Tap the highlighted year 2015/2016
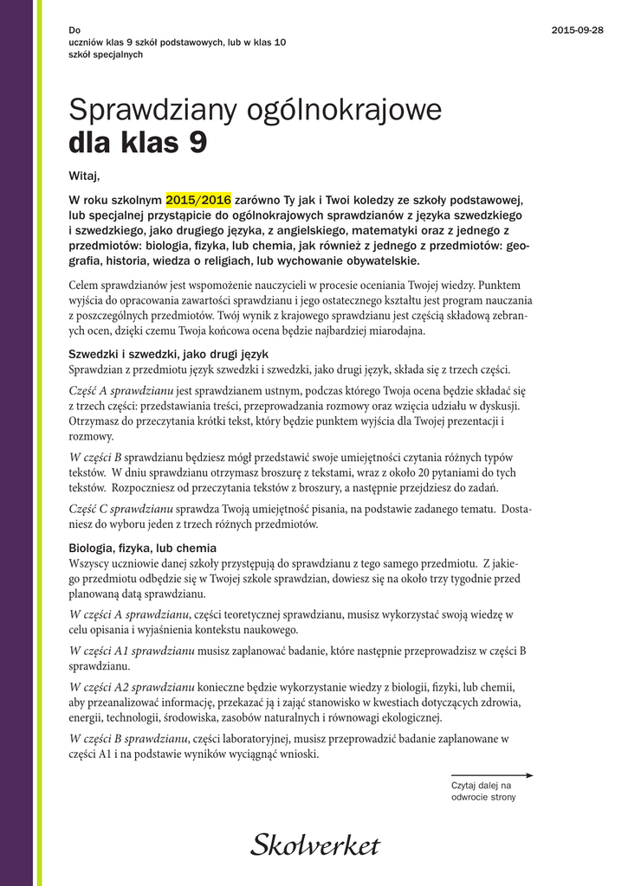tap(198, 199)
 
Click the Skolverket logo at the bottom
tap(315, 844)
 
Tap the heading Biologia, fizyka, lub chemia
tap(142, 549)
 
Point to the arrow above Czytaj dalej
tap(491, 775)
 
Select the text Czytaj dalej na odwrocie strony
tap(483, 791)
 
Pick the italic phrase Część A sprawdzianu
tap(121, 391)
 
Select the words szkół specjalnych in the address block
tap(106, 54)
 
